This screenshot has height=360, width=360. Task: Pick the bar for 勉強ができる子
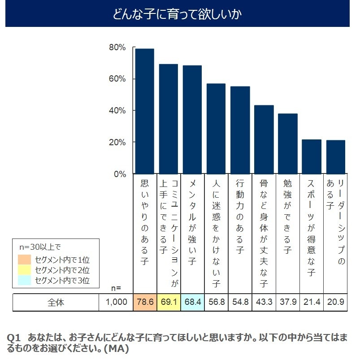click(x=288, y=143)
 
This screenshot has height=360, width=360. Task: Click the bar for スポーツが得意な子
click(x=312, y=156)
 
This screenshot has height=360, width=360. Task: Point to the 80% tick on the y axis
click(x=117, y=48)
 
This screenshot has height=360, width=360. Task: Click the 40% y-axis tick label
click(x=117, y=111)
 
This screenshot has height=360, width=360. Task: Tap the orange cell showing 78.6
click(x=145, y=303)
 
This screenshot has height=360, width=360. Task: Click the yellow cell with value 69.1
click(x=169, y=303)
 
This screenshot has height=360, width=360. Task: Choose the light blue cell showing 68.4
click(x=192, y=303)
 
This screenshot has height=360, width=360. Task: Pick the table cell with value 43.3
click(x=264, y=303)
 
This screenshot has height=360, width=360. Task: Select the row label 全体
click(x=56, y=303)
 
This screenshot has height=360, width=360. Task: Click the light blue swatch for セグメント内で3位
click(x=24, y=281)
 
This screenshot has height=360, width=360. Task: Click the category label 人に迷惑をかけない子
click(x=216, y=233)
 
